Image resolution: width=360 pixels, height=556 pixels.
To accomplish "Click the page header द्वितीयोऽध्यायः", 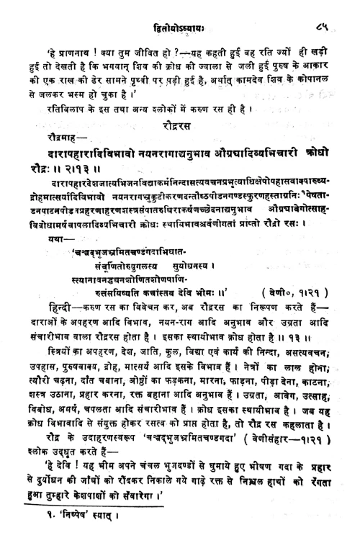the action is pyautogui.click(x=179, y=27).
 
